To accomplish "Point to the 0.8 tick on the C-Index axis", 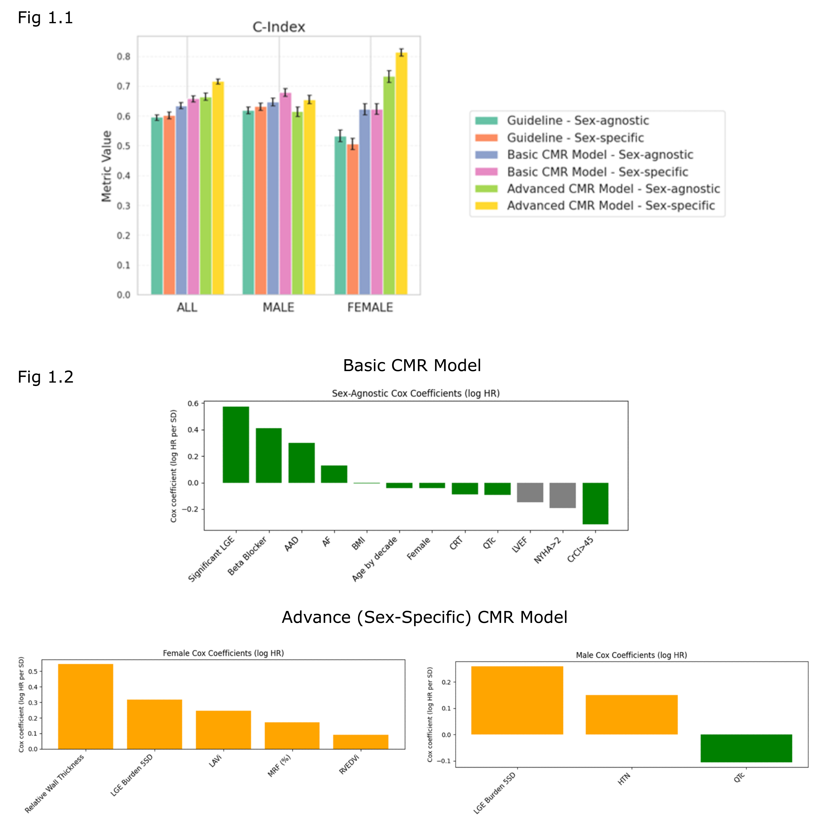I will coord(124,57).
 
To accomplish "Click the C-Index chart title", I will coord(279,27).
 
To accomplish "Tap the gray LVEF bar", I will coord(530,492).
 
